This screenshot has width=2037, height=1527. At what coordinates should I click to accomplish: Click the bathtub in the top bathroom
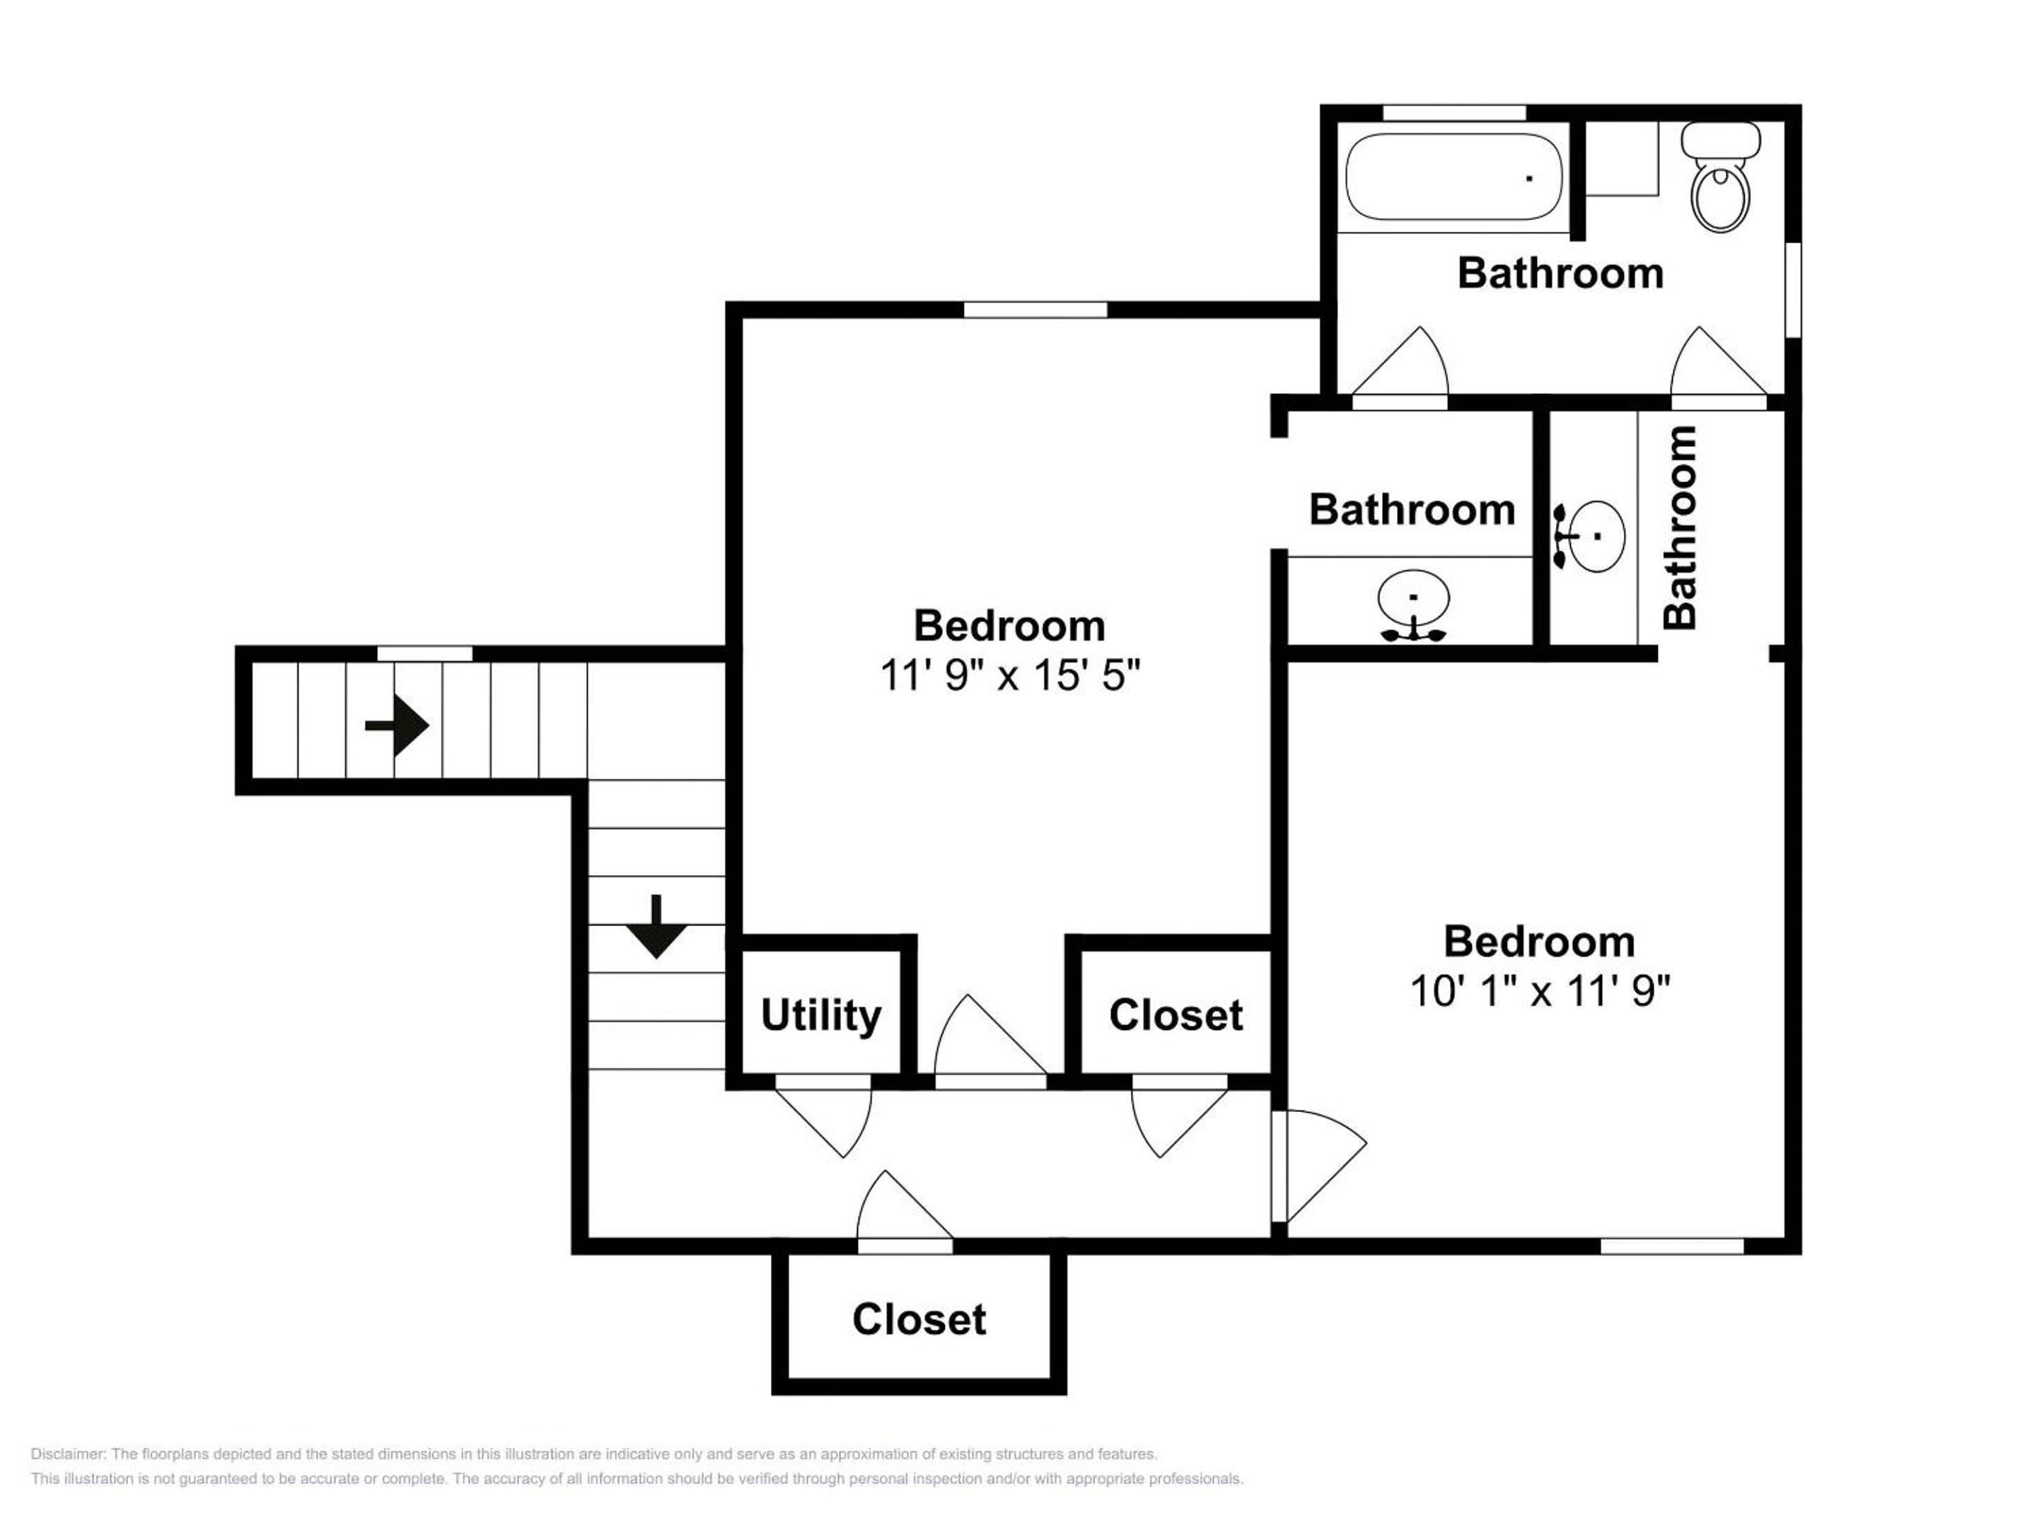(1454, 177)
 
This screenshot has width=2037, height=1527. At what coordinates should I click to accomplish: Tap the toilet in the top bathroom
(1720, 177)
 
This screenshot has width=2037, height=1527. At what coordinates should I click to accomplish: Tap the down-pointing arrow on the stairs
(656, 927)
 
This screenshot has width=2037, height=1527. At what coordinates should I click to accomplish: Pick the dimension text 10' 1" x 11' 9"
(1540, 991)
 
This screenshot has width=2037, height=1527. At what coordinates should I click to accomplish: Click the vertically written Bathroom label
(1681, 527)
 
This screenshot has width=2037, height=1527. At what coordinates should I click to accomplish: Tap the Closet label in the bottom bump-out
(919, 1320)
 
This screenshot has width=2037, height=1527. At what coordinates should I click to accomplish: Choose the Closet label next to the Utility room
(1176, 1015)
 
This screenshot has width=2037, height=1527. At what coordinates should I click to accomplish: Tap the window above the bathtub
(1455, 112)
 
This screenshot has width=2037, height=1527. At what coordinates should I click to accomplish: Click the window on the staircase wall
(424, 653)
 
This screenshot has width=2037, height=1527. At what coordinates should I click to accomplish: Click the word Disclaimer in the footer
(68, 1454)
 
